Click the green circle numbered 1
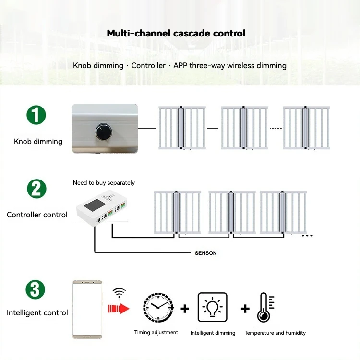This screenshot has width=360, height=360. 36,116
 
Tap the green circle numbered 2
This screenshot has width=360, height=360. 36,189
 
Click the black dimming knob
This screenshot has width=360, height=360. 102,130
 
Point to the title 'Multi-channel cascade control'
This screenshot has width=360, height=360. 176,33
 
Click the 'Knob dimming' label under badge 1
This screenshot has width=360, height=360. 38,142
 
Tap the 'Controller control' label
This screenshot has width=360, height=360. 37,215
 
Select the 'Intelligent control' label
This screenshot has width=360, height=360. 37,313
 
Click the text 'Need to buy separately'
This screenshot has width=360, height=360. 104,183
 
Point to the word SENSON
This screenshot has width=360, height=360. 205,253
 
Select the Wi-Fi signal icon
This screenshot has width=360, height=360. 119,292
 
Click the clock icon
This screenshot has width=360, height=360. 158,307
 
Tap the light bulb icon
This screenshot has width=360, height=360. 213,307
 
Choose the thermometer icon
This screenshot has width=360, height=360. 264,307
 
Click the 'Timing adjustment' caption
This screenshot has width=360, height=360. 156,332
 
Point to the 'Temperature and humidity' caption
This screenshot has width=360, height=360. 275,333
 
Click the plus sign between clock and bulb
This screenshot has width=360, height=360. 185,308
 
